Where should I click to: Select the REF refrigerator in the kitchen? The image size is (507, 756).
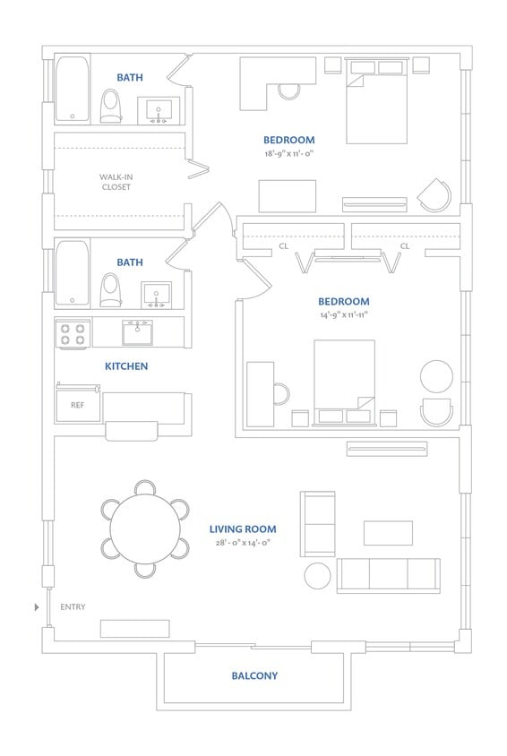coord(77,406)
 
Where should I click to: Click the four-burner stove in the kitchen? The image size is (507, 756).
coord(73,334)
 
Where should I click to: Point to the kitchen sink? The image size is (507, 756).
coord(137,332)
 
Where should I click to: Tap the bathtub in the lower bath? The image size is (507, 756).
coord(73,273)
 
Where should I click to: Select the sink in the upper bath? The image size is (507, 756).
coord(159,111)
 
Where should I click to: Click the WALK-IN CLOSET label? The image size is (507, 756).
coord(115,182)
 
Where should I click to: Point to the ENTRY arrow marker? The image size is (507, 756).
coord(36,607)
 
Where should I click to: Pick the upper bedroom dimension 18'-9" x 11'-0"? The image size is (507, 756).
coord(288,153)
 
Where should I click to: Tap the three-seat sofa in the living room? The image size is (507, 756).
coord(388,575)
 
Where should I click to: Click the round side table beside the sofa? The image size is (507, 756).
coord(318,575)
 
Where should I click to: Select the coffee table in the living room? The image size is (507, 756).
coord(388,533)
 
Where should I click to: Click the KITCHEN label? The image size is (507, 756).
coord(126,366)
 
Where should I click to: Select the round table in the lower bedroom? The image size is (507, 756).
coord(437,375)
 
